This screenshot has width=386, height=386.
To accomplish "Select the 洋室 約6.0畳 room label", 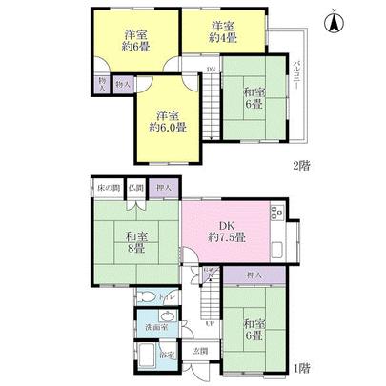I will pyautogui.click(x=166, y=119).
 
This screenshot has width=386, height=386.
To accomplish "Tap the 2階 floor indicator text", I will pyautogui.click(x=301, y=163).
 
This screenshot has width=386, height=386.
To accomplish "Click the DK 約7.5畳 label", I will pyautogui.click(x=227, y=232).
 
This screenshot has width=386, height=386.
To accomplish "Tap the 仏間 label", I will pyautogui.click(x=136, y=188).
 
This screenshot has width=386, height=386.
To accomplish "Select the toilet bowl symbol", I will pyautogui.click(x=143, y=297).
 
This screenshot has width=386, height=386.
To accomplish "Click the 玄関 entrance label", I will pyautogui.click(x=201, y=350).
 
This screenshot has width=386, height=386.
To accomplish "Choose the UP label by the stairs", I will pyautogui.click(x=210, y=324).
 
